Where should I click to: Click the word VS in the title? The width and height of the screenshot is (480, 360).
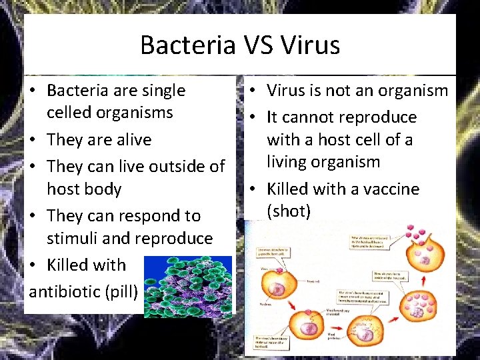(258, 45)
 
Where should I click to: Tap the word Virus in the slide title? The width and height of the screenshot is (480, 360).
(311, 45)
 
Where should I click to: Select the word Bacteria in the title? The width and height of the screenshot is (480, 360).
(187, 45)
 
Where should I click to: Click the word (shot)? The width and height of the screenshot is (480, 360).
(289, 211)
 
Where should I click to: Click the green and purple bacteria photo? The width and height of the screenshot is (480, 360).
(187, 286)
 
